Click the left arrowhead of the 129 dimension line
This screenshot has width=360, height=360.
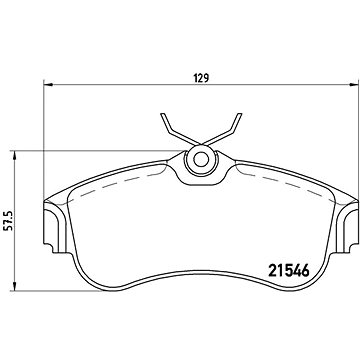[44, 84]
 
